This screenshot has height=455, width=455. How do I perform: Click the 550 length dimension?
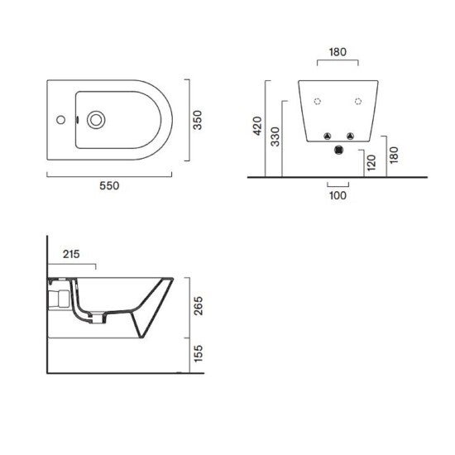pos(109,185)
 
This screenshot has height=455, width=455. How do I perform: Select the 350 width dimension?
pos(198,120)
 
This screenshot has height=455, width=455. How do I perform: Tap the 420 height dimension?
pos(257,126)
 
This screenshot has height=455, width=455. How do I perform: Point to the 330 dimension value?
pos(275,136)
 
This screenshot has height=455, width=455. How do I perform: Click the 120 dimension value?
pos(371,163)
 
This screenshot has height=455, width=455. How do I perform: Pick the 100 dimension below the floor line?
pos(338,195)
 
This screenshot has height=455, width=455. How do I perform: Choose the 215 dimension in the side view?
pos(71,254)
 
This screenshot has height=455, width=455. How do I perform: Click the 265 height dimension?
pos(199,306)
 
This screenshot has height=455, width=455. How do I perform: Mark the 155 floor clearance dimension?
pos(199,353)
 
